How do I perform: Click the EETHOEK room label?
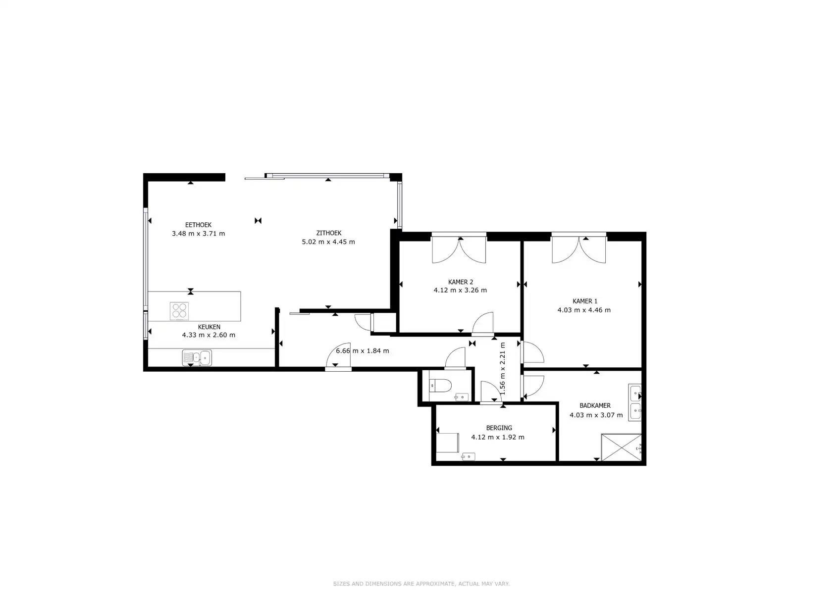199,225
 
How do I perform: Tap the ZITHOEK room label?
328,233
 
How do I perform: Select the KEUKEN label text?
209,327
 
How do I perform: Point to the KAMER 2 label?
461,282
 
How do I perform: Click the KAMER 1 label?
584,301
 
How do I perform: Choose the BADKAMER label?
595,405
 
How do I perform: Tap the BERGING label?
499,428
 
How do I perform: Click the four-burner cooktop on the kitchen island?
179,311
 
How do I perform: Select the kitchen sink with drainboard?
197,357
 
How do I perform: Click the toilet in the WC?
440,385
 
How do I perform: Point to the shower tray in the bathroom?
621,447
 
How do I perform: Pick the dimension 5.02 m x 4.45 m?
328,242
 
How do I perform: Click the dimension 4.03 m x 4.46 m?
584,310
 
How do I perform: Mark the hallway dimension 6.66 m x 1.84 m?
362,351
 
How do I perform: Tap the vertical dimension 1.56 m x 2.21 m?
503,368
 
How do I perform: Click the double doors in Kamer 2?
459,248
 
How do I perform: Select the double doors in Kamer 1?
578,248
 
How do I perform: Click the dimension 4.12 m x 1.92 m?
498,437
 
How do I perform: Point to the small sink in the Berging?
469,456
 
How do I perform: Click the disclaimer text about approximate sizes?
421,584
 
